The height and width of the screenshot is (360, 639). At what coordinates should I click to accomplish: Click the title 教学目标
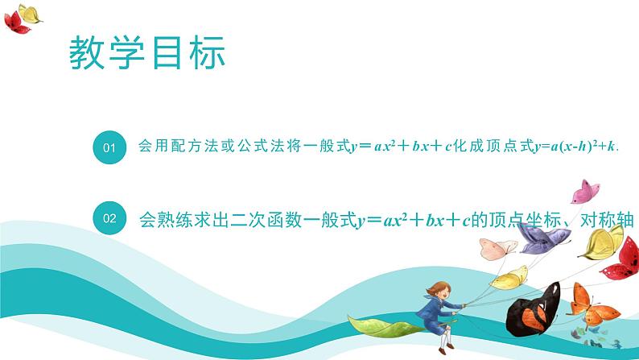(x=146, y=55)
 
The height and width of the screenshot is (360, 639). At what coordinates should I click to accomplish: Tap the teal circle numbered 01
(x=110, y=148)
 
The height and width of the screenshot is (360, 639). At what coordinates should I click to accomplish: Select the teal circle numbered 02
(x=110, y=217)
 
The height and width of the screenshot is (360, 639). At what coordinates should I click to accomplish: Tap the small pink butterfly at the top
(x=586, y=192)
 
